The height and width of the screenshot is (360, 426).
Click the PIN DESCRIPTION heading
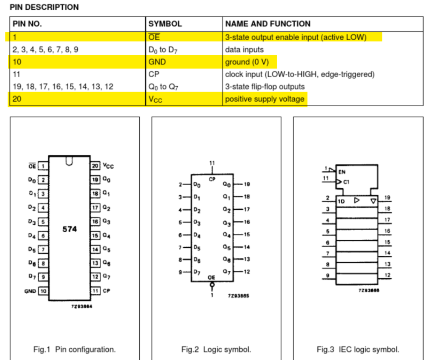click(x=45, y=7)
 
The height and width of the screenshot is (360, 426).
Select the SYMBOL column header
click(x=165, y=24)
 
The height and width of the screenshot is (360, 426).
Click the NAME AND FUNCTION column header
click(x=268, y=24)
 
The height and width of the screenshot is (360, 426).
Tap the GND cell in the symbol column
click(x=157, y=62)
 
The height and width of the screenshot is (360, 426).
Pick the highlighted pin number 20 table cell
click(x=17, y=99)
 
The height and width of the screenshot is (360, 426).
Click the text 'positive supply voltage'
click(x=264, y=99)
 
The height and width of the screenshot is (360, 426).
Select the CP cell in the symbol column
click(x=154, y=74)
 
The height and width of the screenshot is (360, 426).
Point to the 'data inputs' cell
click(x=244, y=49)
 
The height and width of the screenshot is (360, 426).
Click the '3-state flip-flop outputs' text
click(x=265, y=87)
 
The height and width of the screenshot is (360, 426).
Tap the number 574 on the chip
click(x=70, y=229)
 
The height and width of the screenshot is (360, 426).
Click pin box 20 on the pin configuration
click(x=95, y=165)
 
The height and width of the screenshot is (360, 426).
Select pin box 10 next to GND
click(x=43, y=291)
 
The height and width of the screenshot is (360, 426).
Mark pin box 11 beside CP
click(x=95, y=291)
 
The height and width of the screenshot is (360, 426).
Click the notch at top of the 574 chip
click(x=69, y=161)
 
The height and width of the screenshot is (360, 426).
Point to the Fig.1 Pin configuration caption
click(x=74, y=349)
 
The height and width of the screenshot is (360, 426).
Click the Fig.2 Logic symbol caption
click(x=216, y=349)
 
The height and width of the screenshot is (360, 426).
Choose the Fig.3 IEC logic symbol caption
click(x=358, y=349)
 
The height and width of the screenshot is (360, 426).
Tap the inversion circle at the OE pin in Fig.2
click(x=212, y=285)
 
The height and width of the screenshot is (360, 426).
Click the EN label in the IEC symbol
click(x=342, y=172)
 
